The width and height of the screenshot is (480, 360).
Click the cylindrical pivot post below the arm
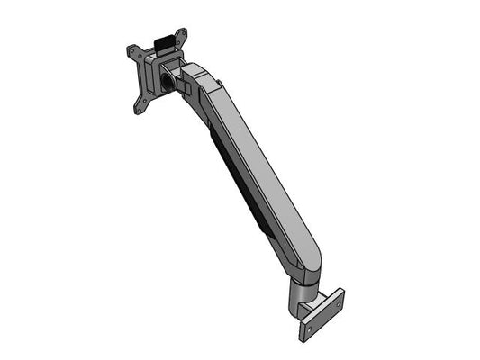pos(297,297)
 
